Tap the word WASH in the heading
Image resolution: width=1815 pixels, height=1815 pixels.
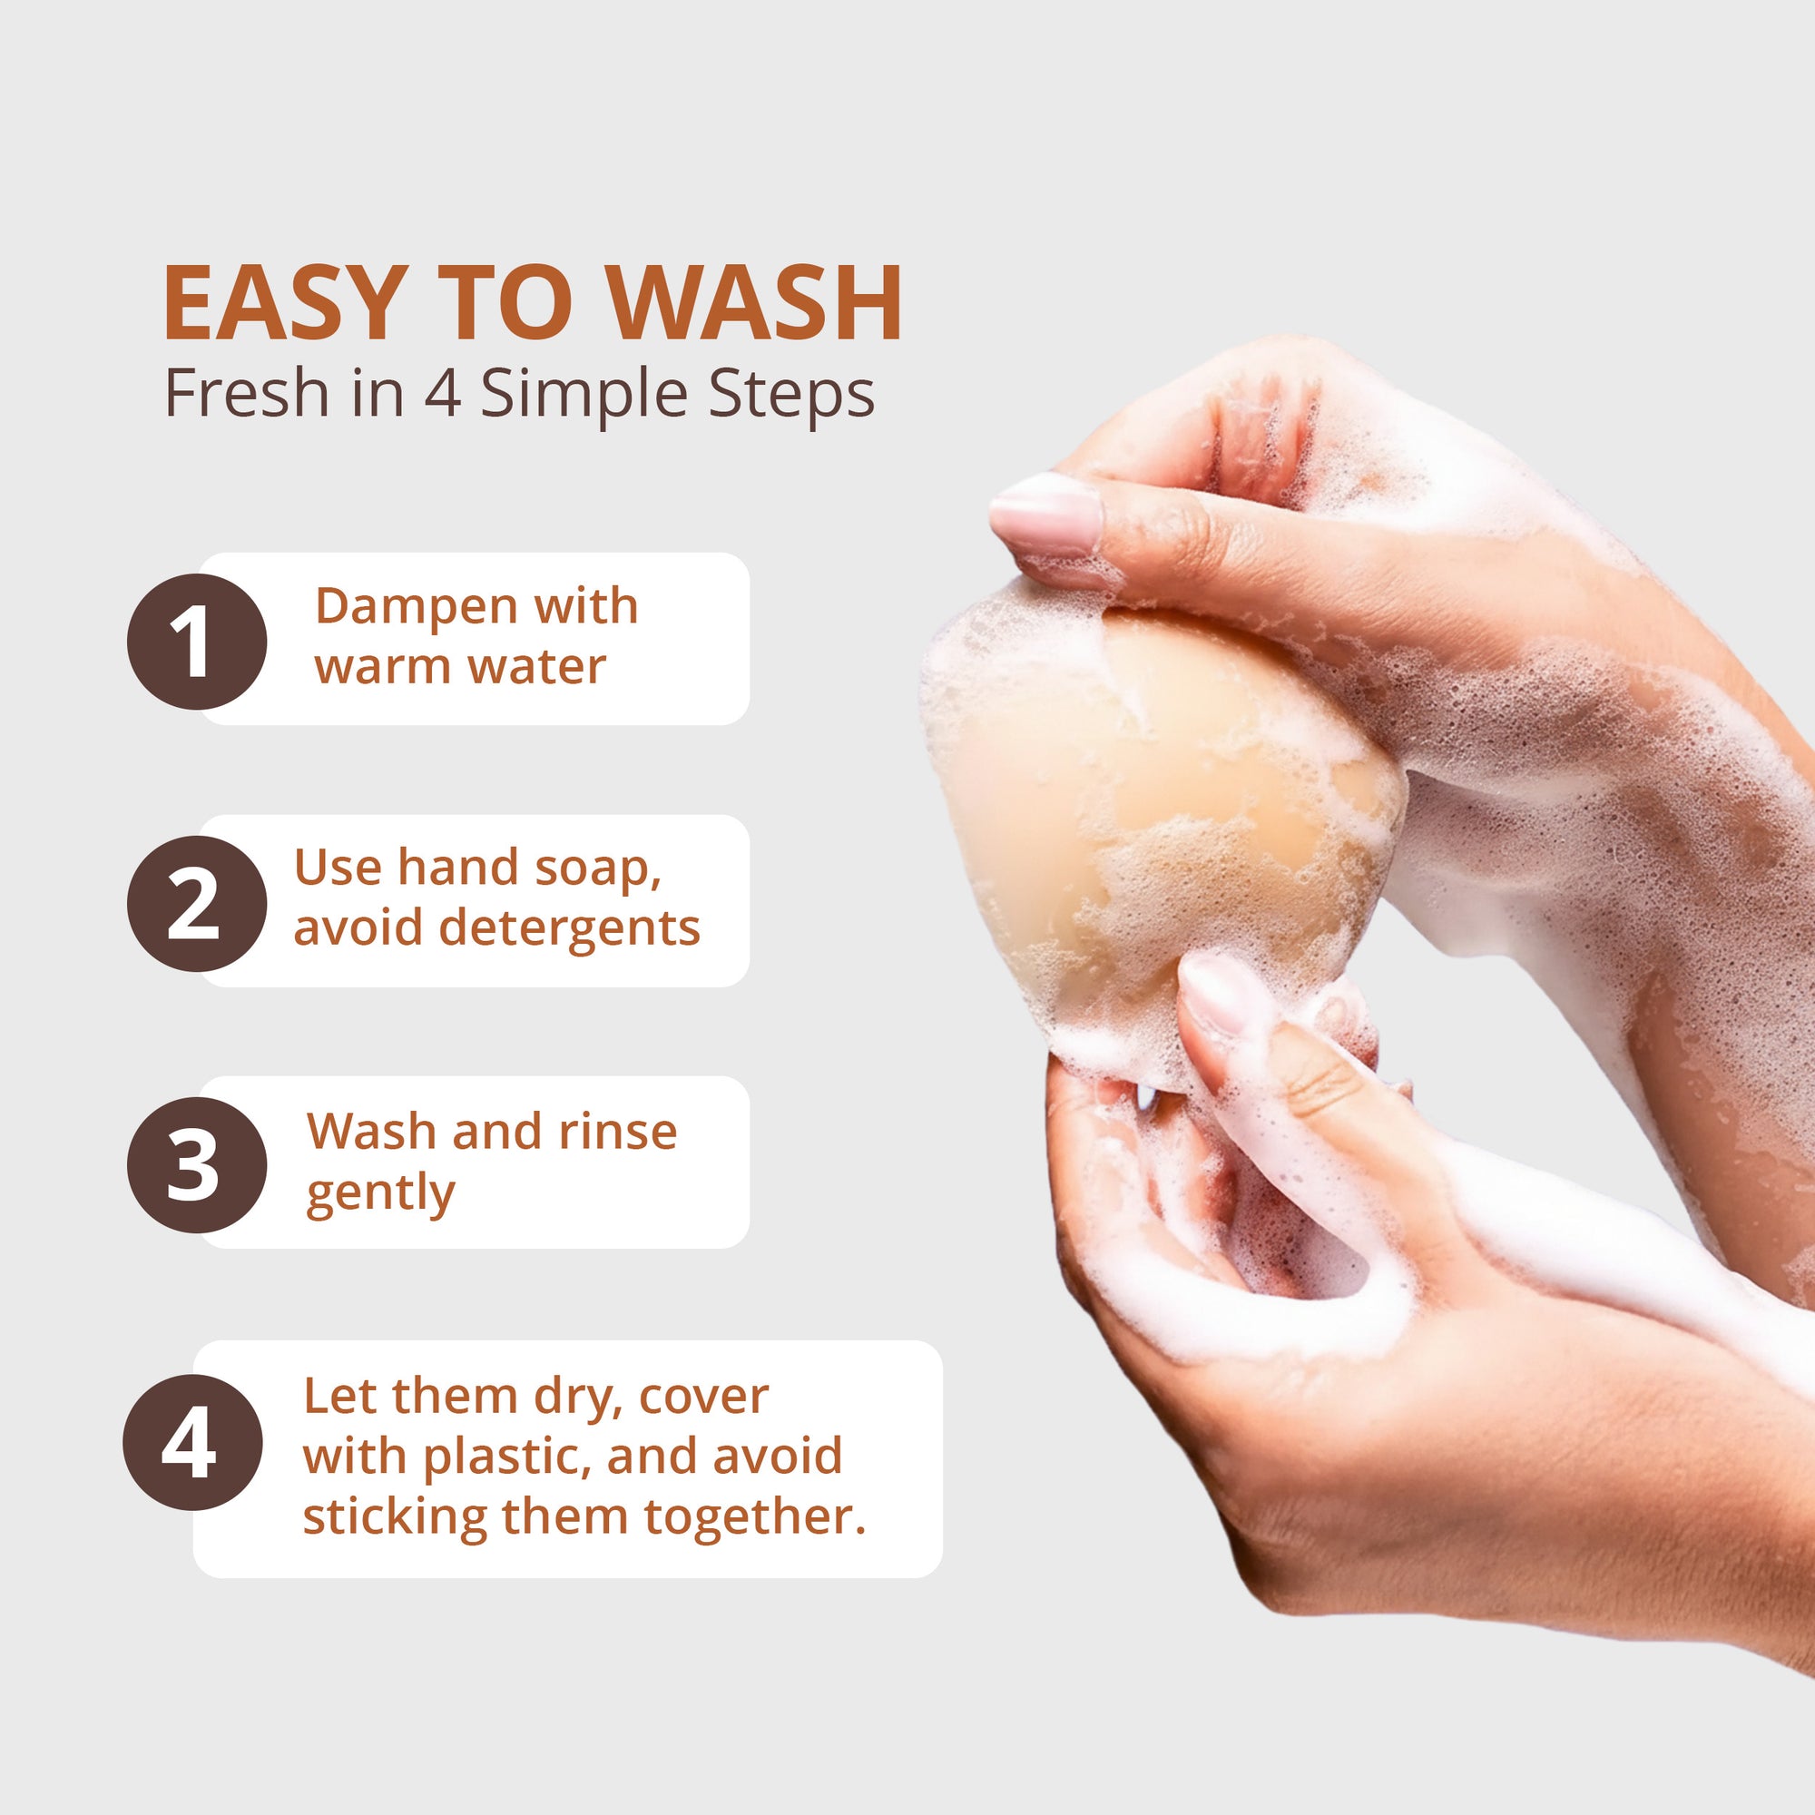(754, 303)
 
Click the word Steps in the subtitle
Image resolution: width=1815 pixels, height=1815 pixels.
(791, 396)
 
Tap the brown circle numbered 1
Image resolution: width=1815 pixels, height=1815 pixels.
(197, 642)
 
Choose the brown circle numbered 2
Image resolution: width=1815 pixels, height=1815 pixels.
(197, 903)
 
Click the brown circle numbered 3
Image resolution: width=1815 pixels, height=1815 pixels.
(197, 1165)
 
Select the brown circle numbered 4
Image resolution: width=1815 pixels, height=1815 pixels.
(192, 1442)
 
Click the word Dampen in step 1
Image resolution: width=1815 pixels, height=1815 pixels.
(416, 608)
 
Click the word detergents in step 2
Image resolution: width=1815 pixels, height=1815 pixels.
(569, 929)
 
